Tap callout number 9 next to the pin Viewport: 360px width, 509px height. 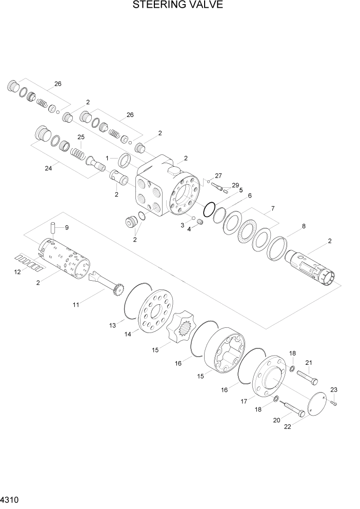[x=66, y=227]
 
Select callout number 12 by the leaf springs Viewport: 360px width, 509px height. [x=17, y=272]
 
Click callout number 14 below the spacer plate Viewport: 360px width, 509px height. [x=127, y=334]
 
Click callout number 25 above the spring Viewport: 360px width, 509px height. [x=81, y=137]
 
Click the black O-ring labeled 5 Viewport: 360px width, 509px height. [x=209, y=209]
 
